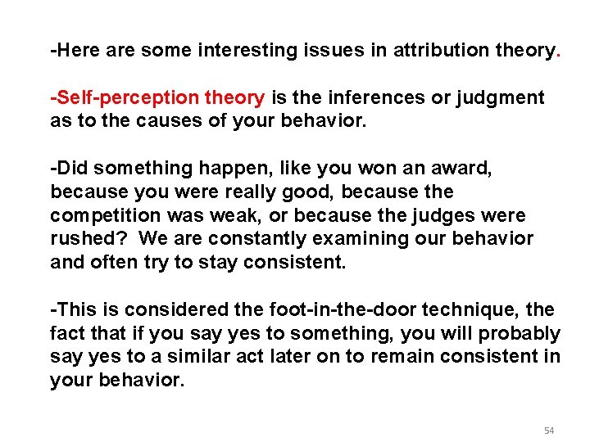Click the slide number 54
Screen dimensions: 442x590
tap(549, 431)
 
